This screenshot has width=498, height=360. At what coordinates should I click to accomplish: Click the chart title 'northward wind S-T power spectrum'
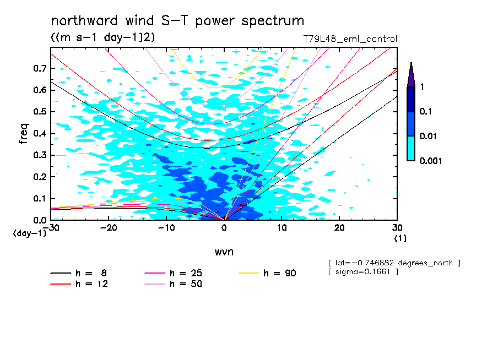[177, 21]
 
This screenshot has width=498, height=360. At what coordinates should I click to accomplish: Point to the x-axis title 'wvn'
[224, 252]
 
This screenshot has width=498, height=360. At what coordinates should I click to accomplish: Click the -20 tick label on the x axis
[109, 228]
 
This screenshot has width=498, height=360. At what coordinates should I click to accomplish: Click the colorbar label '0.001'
[431, 161]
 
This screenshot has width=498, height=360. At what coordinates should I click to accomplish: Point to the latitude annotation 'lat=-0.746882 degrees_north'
[393, 263]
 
